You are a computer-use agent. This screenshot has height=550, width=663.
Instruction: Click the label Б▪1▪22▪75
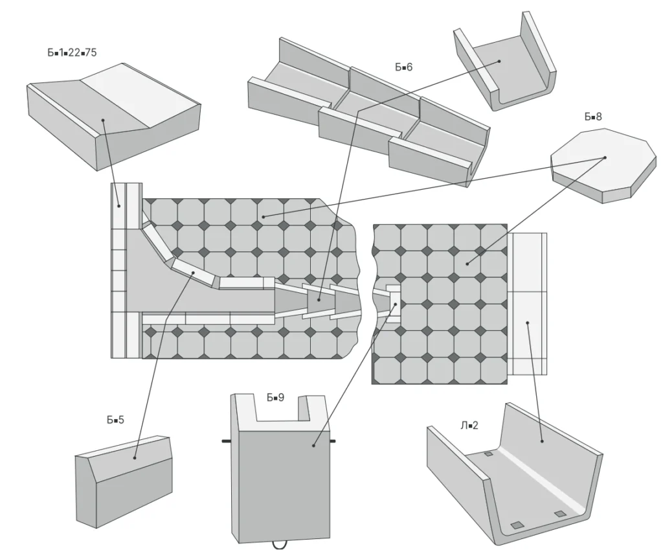[72, 52]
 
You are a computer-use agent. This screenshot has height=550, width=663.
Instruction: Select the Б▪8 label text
[592, 117]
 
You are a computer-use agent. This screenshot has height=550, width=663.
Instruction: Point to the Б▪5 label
[115, 420]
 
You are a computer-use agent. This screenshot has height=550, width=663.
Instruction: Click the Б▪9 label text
[275, 397]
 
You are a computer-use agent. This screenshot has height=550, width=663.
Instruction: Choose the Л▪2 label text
[469, 425]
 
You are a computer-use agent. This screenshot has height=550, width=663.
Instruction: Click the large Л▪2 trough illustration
[515, 473]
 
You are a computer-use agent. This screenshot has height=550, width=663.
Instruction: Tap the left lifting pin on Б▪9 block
[226, 441]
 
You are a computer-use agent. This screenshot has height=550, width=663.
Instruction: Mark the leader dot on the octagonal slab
[605, 157]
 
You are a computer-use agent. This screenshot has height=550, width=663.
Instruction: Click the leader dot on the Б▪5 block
[135, 458]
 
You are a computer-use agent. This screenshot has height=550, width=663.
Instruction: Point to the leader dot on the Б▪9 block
[313, 445]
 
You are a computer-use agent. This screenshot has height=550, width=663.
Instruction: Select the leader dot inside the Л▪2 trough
[542, 441]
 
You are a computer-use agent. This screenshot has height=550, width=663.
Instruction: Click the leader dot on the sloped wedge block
[102, 120]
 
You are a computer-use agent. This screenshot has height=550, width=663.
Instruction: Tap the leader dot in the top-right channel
[500, 62]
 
